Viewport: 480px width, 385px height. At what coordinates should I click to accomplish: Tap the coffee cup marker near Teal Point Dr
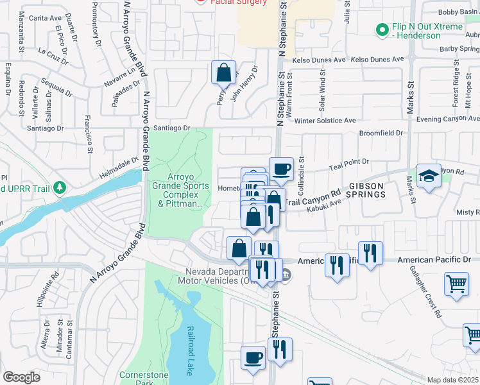(281, 169)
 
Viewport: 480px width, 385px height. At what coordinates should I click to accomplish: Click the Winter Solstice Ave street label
(325, 121)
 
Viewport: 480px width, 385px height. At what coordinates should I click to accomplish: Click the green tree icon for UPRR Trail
(60, 187)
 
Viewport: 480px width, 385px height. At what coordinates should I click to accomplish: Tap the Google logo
(21, 377)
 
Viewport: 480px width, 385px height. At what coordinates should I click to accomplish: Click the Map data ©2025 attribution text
(452, 380)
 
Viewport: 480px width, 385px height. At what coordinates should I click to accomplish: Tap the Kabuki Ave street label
(323, 205)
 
